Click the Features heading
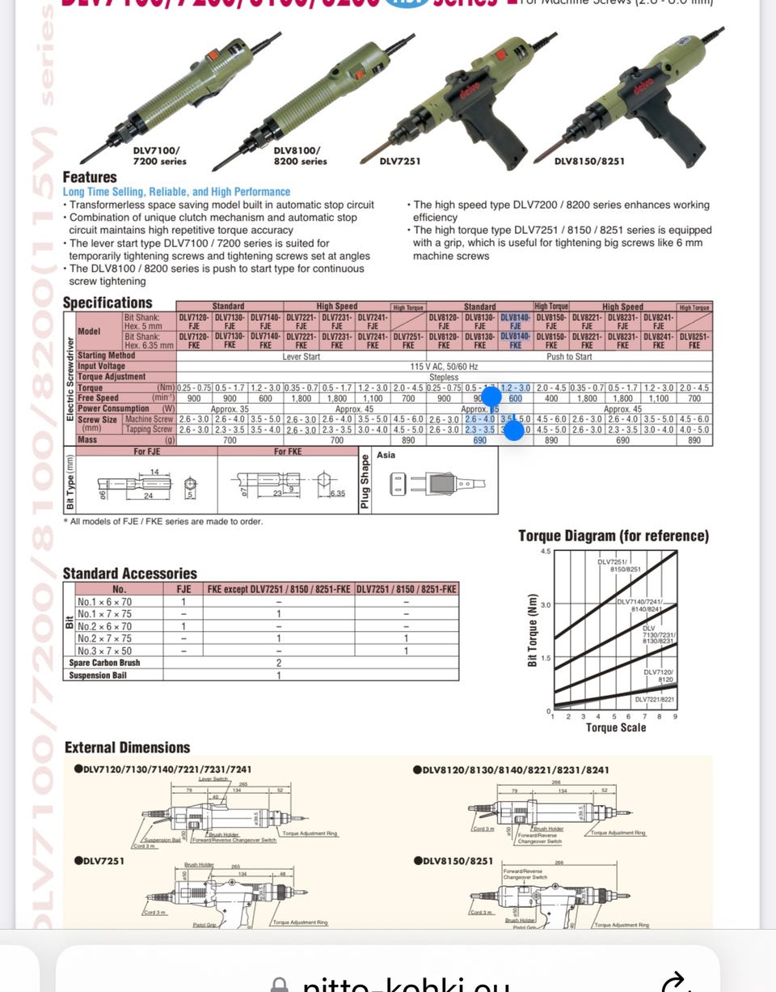tap(90, 177)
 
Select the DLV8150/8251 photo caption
tap(589, 161)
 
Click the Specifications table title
tap(108, 303)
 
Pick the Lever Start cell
tap(301, 356)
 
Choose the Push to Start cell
tap(570, 356)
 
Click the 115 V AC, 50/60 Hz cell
tap(444, 367)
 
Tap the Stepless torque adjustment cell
tap(444, 377)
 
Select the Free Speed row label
tap(99, 398)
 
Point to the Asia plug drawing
tap(437, 484)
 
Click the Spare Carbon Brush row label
tap(104, 663)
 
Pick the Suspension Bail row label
tap(98, 676)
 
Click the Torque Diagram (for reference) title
tap(614, 536)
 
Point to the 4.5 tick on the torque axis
tap(545, 551)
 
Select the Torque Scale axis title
tap(615, 727)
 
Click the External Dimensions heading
tap(127, 748)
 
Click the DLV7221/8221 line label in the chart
tap(655, 698)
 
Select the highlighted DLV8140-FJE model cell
tap(515, 322)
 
